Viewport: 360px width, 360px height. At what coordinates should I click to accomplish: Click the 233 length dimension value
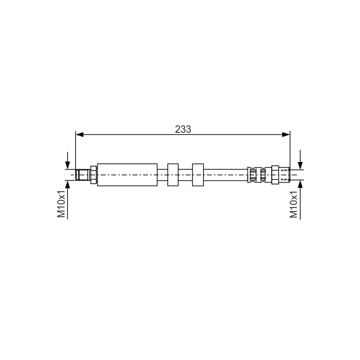click(x=183, y=130)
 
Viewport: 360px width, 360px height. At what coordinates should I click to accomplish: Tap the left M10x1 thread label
click(x=62, y=204)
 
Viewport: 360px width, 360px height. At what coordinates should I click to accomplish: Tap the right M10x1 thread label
click(x=294, y=204)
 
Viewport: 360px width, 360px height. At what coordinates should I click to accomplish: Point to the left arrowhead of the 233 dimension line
click(x=80, y=135)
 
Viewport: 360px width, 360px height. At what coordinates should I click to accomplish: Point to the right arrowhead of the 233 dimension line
click(x=286, y=135)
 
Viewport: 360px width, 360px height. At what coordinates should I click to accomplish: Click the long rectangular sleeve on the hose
click(x=127, y=175)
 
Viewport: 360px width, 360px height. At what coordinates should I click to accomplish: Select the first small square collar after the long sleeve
click(x=173, y=175)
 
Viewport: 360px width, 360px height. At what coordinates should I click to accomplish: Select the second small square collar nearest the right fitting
click(x=198, y=175)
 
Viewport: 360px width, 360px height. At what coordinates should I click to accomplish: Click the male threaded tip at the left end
click(x=83, y=175)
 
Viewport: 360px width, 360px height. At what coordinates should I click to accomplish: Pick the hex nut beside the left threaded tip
click(x=94, y=175)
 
